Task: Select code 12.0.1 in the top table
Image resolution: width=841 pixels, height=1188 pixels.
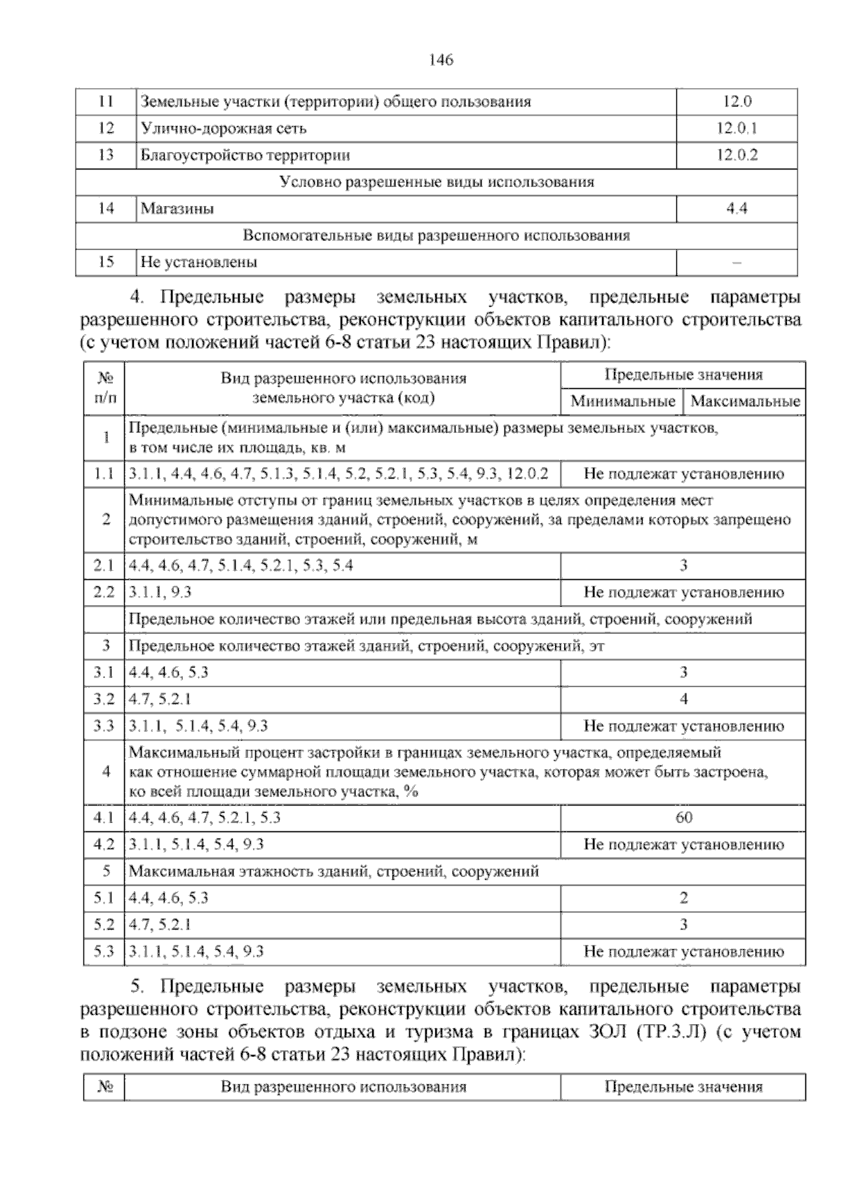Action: tap(737, 129)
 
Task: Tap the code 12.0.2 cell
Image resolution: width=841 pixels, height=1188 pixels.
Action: tap(737, 156)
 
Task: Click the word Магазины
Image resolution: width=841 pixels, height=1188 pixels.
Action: tap(177, 209)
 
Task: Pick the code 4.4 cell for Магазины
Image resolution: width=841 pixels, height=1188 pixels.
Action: tap(737, 209)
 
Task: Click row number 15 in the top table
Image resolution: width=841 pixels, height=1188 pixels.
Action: tap(106, 263)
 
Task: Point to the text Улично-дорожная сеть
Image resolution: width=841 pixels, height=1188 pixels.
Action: tap(224, 129)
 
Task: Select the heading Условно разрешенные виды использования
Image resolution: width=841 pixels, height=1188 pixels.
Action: tap(436, 182)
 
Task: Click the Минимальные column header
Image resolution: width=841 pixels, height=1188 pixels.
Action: tap(622, 402)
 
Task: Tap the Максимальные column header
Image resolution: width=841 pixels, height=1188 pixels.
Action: tap(745, 402)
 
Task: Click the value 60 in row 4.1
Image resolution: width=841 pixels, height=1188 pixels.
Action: tap(683, 817)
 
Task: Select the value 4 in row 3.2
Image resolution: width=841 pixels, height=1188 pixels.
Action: tap(683, 699)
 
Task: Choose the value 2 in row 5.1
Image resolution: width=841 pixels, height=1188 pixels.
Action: tap(683, 898)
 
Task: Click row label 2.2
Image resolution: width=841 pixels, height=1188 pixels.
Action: tap(104, 593)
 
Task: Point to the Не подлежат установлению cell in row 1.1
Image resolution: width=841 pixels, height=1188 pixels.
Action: tap(683, 474)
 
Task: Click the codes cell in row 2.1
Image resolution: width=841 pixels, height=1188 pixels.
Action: tap(241, 566)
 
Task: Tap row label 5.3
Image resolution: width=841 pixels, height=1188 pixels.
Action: tap(104, 952)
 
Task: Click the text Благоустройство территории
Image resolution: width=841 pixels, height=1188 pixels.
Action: tap(245, 156)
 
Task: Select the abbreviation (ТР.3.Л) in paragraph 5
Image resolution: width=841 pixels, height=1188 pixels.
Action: tap(670, 1032)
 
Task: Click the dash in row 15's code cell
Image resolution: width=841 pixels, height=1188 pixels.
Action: tap(737, 263)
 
